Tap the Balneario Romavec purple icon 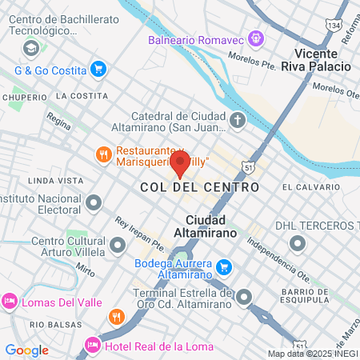pos(255,37)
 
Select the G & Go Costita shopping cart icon pos(98,70)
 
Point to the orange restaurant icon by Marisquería pos(103,154)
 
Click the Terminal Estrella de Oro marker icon pos(243,298)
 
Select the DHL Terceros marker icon pos(298,243)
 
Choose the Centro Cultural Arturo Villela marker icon pos(118,244)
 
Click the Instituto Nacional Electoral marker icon pos(94,202)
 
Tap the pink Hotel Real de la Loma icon pos(92,346)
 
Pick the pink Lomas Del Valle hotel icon pos(9,302)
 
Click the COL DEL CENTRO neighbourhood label pos(199,186)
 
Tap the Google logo pos(26,350)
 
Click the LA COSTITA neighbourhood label pos(82,95)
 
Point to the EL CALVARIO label pos(310,186)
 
